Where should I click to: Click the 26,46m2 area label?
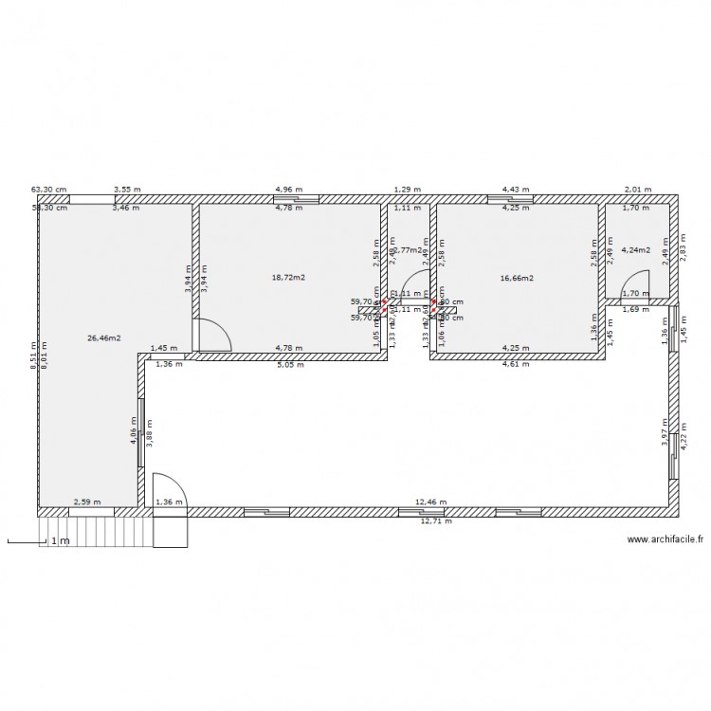[x=102, y=337]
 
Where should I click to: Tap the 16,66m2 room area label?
[x=518, y=278]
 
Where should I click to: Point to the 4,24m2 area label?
[x=637, y=251]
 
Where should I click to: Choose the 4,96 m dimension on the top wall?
[x=289, y=190]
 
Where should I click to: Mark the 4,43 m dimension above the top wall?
[x=517, y=190]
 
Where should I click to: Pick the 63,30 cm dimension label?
[x=49, y=190]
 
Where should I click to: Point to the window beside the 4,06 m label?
[x=141, y=432]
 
